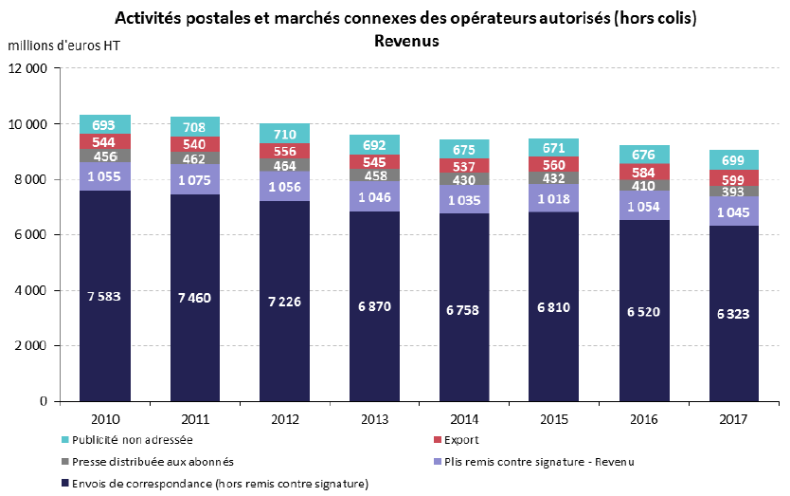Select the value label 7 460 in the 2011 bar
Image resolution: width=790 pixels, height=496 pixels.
(x=195, y=297)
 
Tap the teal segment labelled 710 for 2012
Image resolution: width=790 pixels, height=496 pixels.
(x=285, y=133)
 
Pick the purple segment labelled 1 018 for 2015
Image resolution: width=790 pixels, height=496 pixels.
(x=554, y=199)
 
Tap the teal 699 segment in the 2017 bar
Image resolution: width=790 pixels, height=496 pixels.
(x=734, y=159)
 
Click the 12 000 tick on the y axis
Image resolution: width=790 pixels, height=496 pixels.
(x=29, y=68)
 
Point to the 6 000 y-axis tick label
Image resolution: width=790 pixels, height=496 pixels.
(x=33, y=235)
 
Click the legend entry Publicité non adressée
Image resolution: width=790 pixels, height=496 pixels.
(x=134, y=439)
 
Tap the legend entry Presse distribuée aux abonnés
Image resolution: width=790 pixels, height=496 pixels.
(x=143, y=462)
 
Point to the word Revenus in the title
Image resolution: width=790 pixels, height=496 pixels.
(x=406, y=42)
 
